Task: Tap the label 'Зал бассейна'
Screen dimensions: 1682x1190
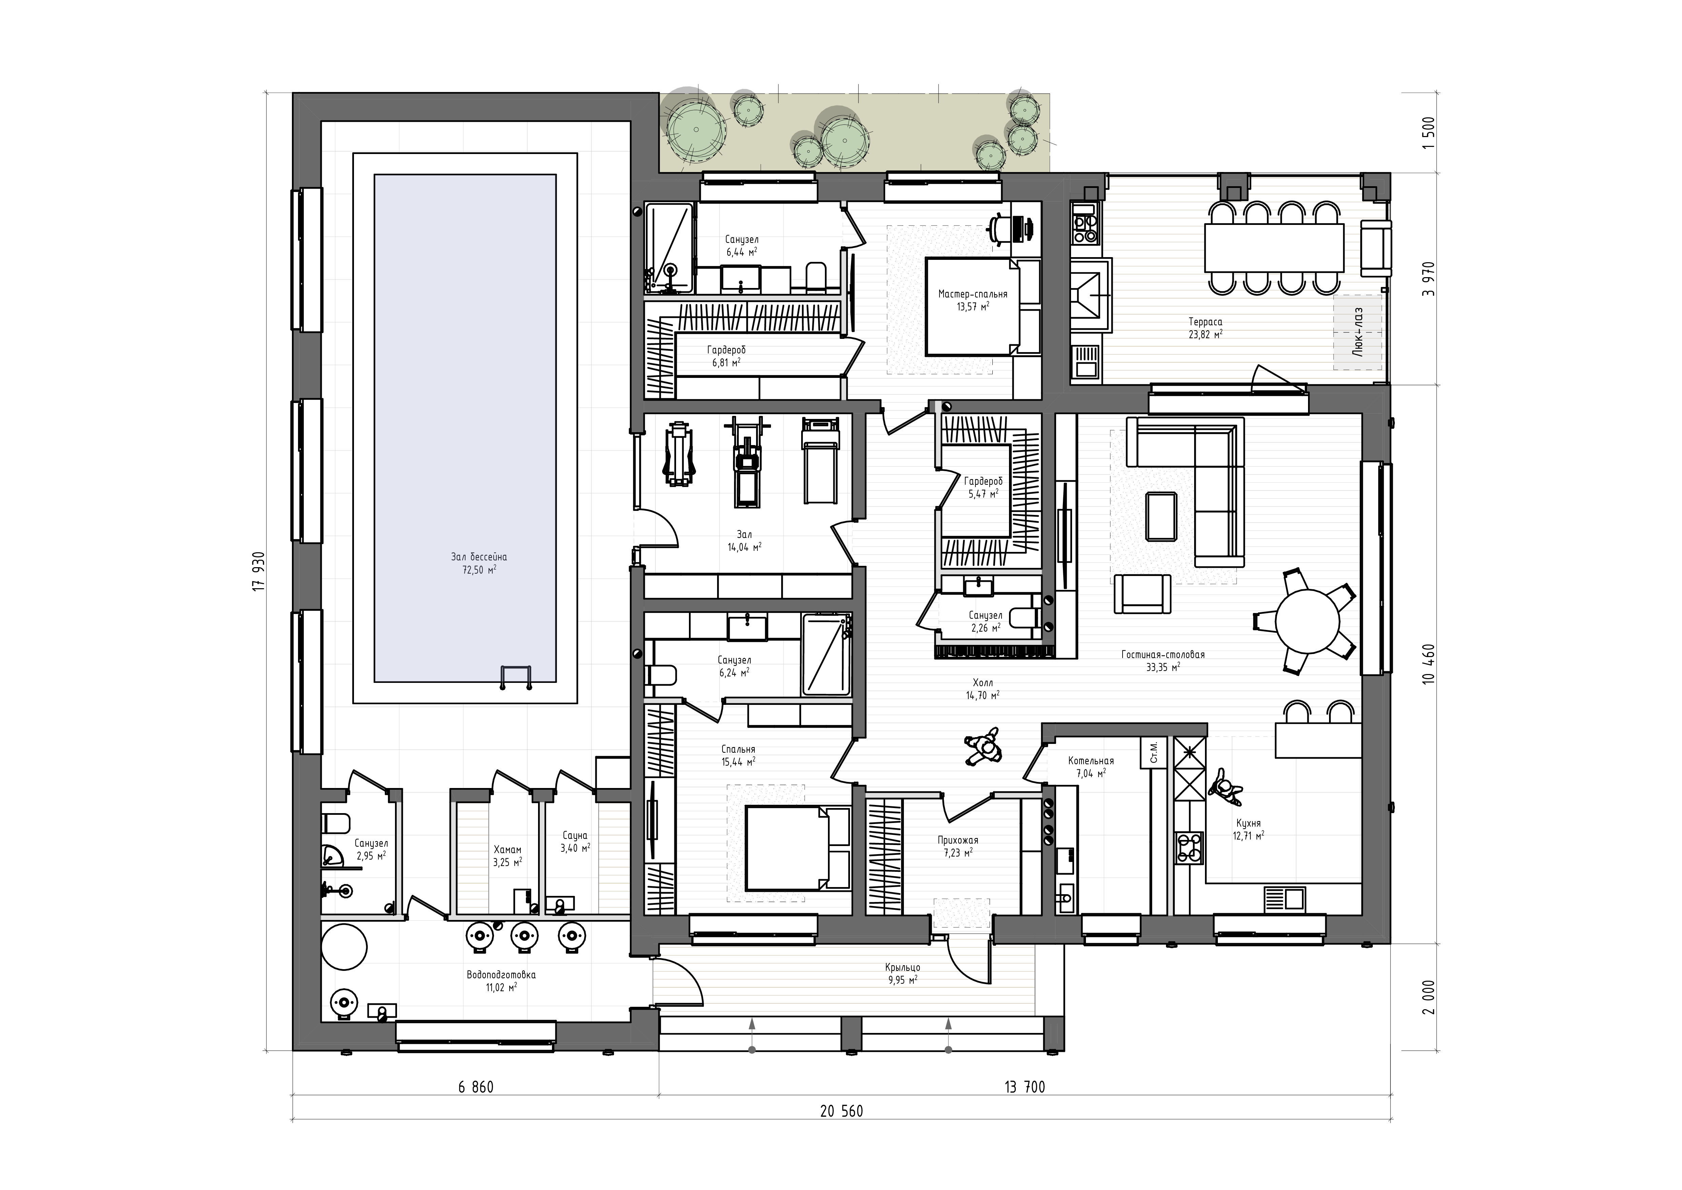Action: tap(479, 557)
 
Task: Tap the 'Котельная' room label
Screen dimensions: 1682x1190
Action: tap(1091, 761)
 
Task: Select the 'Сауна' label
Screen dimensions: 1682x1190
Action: tap(575, 836)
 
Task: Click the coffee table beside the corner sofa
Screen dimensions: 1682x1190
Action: tap(1162, 517)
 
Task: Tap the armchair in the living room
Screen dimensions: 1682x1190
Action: tap(1142, 594)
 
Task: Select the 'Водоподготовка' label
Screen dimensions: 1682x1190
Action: tap(501, 975)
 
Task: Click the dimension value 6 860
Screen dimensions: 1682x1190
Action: tap(476, 1088)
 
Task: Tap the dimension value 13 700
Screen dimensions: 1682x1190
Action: tap(1025, 1088)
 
